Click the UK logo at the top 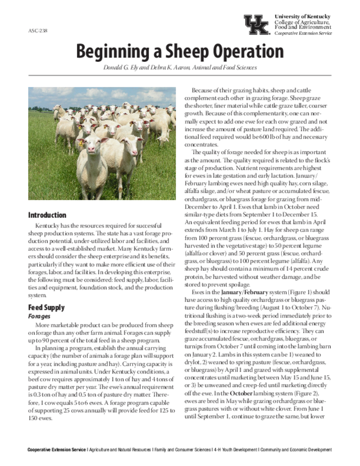(256, 25)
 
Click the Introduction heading (47, 215)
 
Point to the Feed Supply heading (46, 308)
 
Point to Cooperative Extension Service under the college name (303, 33)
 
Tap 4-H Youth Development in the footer (236, 450)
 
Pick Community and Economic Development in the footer (296, 450)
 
